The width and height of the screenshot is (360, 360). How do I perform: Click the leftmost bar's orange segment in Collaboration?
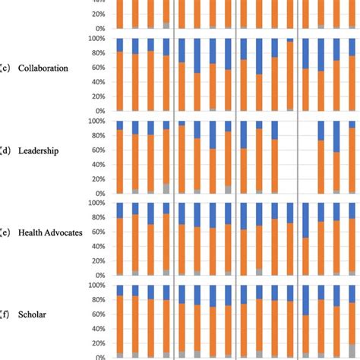[119, 84]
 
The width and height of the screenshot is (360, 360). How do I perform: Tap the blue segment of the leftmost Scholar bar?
[119, 290]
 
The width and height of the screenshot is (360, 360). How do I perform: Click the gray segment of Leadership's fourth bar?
[166, 188]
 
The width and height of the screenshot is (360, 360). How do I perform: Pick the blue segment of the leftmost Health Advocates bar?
[119, 210]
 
